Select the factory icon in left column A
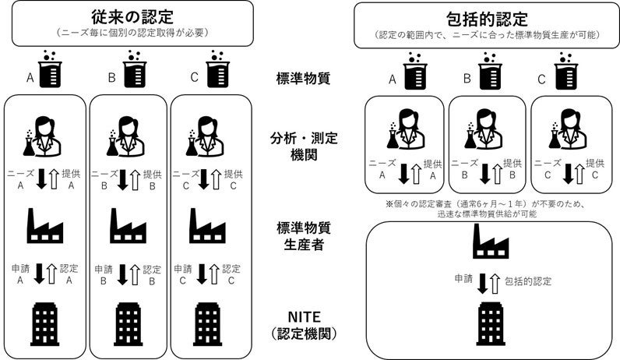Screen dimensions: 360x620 pyautogui.click(x=45, y=226)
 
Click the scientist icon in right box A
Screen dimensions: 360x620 pyautogui.click(x=404, y=129)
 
